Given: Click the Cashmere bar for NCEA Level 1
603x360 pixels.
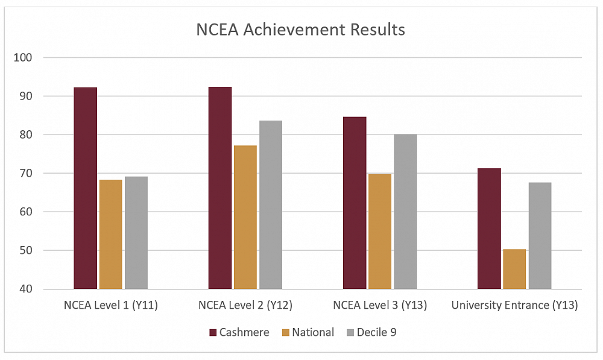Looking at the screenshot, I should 85,188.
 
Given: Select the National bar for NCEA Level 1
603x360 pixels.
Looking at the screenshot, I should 111,234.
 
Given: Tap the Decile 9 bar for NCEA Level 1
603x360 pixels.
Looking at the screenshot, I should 136,233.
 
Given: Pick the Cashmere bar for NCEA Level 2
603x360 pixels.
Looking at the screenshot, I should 219,188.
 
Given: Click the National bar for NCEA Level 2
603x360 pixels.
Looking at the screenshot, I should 245,217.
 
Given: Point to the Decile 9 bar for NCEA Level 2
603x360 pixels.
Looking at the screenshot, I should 271,204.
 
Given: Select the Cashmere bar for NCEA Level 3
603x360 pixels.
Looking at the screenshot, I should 355,203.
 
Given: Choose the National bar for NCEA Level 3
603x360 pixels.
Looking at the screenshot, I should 380,232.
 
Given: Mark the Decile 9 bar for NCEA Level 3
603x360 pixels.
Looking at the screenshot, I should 405,211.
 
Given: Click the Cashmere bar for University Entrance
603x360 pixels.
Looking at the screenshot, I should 489,229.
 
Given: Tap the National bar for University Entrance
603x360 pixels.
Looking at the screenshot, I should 514,269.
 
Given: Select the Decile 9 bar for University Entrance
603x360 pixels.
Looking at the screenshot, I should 540,236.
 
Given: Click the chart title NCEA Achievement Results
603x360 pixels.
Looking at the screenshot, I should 300,29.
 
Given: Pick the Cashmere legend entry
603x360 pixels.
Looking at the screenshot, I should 239,332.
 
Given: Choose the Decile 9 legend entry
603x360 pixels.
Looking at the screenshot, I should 371,332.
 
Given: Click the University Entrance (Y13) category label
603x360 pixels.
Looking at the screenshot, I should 514,306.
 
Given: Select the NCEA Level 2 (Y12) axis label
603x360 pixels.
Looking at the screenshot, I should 245,306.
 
